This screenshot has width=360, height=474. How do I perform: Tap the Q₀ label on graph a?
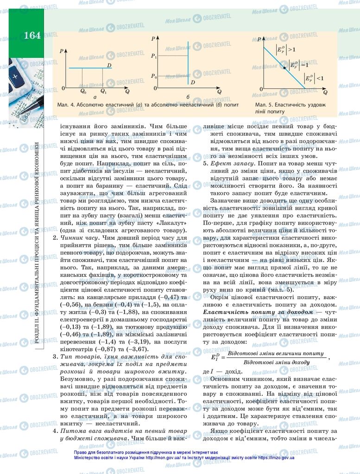pyautogui.click(x=83, y=92)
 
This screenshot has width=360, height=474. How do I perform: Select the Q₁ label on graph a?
pyautogui.click(x=103, y=92)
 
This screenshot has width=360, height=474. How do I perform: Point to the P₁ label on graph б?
pyautogui.click(x=154, y=56)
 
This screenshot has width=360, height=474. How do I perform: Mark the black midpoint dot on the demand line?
pyautogui.click(x=284, y=68)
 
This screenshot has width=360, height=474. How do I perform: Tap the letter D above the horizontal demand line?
pyautogui.click(x=109, y=65)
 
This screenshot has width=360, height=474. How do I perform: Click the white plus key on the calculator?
pyautogui.click(x=15, y=75)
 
